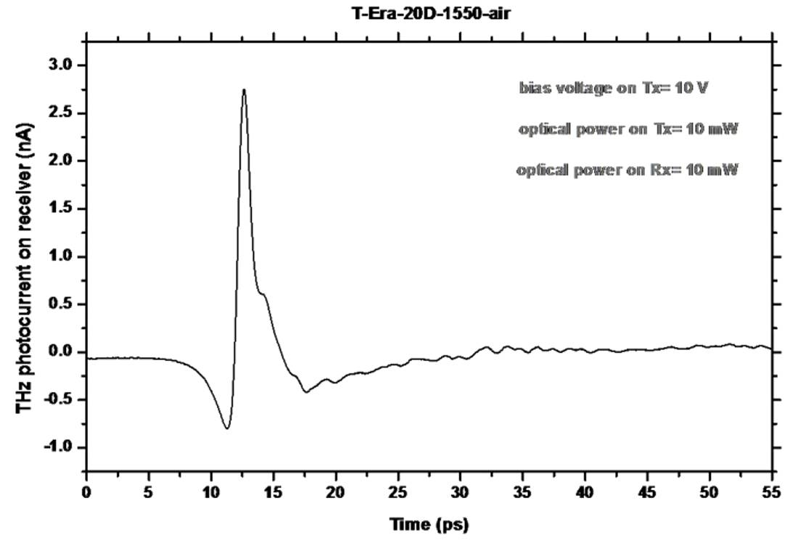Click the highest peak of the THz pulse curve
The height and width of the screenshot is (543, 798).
coord(244,90)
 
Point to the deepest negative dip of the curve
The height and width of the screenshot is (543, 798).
coord(227,428)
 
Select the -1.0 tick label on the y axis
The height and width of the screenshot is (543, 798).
coord(59,447)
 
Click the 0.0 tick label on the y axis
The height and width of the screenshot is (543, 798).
coord(61,352)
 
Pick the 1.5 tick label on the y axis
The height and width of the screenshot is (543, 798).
coord(61,209)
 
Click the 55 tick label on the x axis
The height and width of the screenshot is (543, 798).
coord(772,492)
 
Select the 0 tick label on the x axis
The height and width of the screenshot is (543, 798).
coord(86,492)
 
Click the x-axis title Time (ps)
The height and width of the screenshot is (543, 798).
coord(429,523)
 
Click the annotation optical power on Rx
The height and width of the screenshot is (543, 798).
coord(628,171)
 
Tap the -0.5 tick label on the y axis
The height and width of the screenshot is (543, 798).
coord(59,399)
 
